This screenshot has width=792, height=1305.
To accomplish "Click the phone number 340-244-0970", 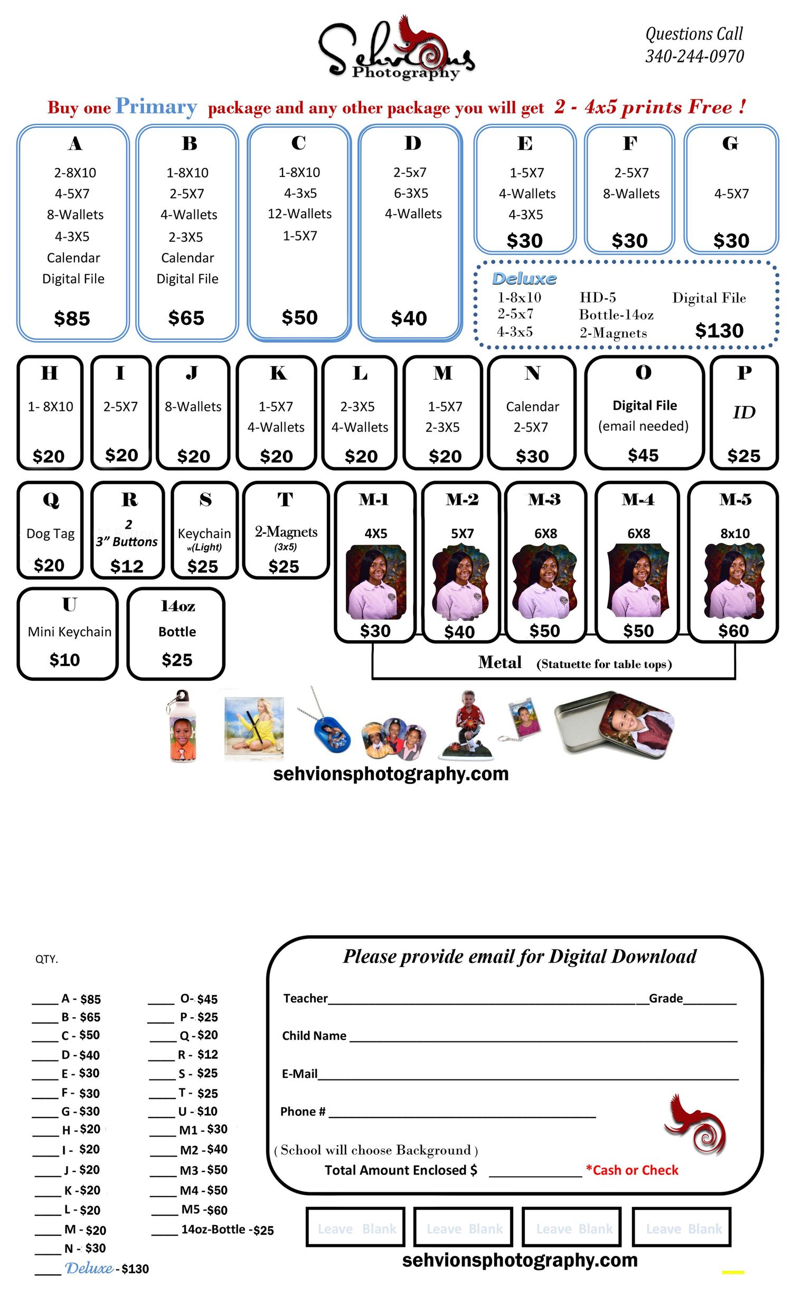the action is pyautogui.click(x=694, y=56).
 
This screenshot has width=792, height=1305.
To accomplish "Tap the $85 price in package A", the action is pyautogui.click(x=72, y=318).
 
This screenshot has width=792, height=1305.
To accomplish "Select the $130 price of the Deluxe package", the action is pyautogui.click(x=719, y=331).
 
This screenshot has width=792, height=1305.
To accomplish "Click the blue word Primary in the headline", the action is pyautogui.click(x=156, y=107).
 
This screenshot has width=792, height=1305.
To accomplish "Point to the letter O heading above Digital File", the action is pyautogui.click(x=643, y=373).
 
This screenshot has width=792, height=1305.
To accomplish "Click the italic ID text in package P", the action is pyautogui.click(x=744, y=412).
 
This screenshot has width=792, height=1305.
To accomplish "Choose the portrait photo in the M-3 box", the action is pyautogui.click(x=546, y=581).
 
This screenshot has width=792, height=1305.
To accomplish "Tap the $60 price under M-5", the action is pyautogui.click(x=733, y=631).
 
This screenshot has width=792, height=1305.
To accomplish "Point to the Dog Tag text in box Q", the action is pyautogui.click(x=50, y=534).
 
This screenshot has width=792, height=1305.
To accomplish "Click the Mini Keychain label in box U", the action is pyautogui.click(x=70, y=632).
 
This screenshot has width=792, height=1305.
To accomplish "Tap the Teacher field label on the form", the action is pyautogui.click(x=306, y=998).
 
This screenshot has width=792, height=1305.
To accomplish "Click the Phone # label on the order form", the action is pyautogui.click(x=303, y=1112).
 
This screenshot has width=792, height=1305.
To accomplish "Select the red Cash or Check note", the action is pyautogui.click(x=632, y=1170).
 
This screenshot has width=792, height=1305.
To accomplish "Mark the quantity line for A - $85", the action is pyautogui.click(x=45, y=1003).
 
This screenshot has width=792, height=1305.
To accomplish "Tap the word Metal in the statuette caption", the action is pyautogui.click(x=500, y=663).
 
